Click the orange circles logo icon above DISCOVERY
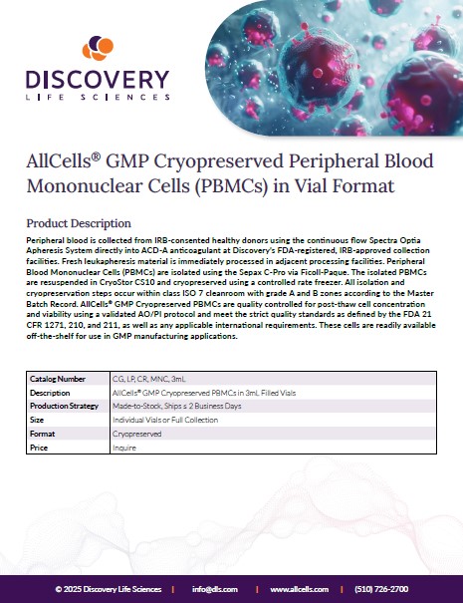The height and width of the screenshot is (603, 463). tap(98, 48)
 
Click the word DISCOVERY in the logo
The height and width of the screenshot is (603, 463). tap(98, 79)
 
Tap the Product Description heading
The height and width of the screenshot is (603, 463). tap(79, 223)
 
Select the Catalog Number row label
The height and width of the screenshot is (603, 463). tap(58, 379)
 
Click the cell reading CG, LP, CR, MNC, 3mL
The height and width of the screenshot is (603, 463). tap(148, 379)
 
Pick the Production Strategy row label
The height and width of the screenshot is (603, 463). tap(64, 406)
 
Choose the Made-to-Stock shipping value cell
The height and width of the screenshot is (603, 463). tap(177, 406)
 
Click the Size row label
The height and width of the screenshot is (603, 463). tap(37, 420)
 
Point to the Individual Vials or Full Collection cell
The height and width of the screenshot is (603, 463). tap(165, 420)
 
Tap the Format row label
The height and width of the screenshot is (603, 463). tap(42, 434)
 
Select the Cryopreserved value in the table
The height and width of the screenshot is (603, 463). tap(136, 434)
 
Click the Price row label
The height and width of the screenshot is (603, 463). tap(39, 448)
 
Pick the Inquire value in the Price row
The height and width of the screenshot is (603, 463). tap(124, 448)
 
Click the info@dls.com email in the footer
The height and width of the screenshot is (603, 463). tap(215, 589)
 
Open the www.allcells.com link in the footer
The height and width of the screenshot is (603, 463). tap(299, 589)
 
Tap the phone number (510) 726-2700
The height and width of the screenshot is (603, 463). tap(381, 589)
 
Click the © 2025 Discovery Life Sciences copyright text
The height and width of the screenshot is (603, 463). tap(109, 589)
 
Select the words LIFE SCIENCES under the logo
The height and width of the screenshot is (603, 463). tap(98, 98)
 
